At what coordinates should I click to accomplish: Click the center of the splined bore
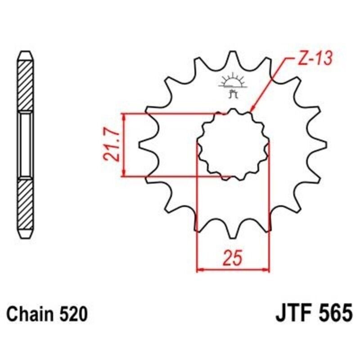coord(233,144)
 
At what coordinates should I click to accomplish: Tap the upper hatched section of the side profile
coord(25,85)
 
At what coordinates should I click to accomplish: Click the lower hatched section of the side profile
coord(25,207)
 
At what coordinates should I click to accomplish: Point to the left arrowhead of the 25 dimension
coord(201,270)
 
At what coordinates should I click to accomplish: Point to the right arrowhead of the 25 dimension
coord(266,270)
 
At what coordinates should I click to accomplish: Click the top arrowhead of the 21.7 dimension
coord(124,117)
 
